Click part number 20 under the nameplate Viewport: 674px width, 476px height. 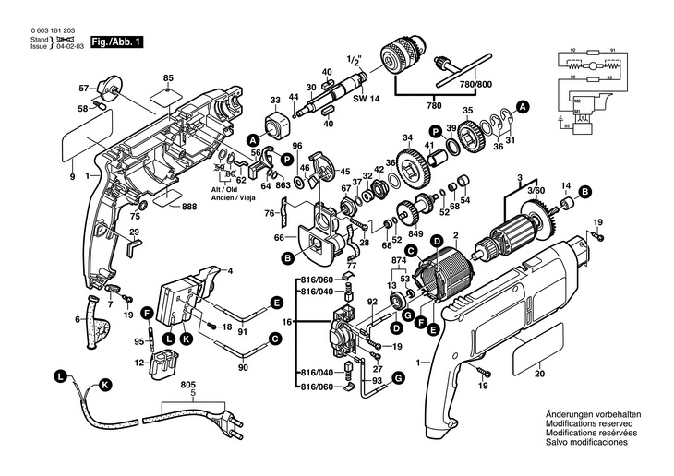pos(539,375)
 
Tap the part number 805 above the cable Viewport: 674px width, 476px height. pos(188,385)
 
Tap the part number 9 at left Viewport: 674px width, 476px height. pos(71,175)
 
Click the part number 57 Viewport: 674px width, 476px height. pos(82,88)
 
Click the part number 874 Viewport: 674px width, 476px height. pos(400,261)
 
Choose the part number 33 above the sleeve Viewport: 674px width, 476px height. pos(274,100)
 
